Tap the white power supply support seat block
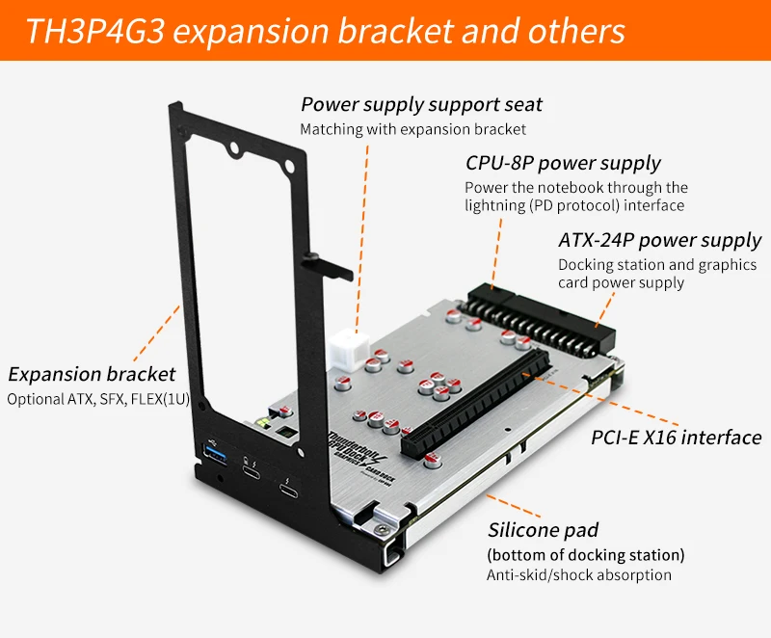349,352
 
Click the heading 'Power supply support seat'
421,105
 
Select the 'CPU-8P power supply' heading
563,163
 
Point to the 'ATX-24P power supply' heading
660,240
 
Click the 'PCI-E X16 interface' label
677,437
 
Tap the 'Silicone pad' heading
543,530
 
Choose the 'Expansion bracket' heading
92,375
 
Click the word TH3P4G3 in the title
94,31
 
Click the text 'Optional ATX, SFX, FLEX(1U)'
98,399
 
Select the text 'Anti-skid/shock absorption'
579,575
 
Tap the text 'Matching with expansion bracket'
413,129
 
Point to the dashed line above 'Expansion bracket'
156,333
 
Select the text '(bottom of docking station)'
586,555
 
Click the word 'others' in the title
576,31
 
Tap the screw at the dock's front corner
381,529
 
